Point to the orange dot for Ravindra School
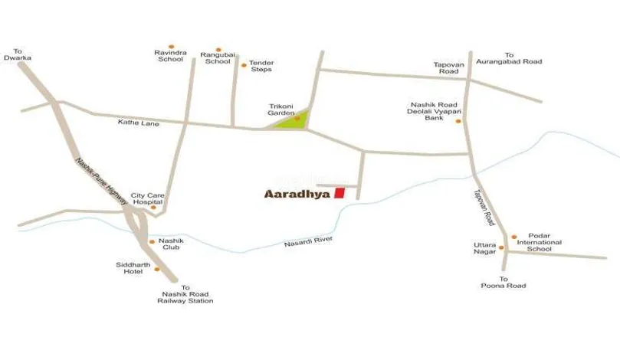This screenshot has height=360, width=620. [171, 46]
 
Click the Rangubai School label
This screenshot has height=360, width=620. [217, 58]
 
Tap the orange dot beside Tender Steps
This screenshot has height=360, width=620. [244, 65]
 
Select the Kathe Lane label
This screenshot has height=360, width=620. [139, 123]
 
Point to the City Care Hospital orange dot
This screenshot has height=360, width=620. [153, 208]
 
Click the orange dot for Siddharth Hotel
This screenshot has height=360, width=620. [157, 269]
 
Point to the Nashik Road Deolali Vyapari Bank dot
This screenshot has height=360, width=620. [458, 121]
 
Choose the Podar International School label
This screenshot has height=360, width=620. [539, 243]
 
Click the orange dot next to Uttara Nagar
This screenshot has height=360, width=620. [500, 247]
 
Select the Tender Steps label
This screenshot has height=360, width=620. [261, 66]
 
